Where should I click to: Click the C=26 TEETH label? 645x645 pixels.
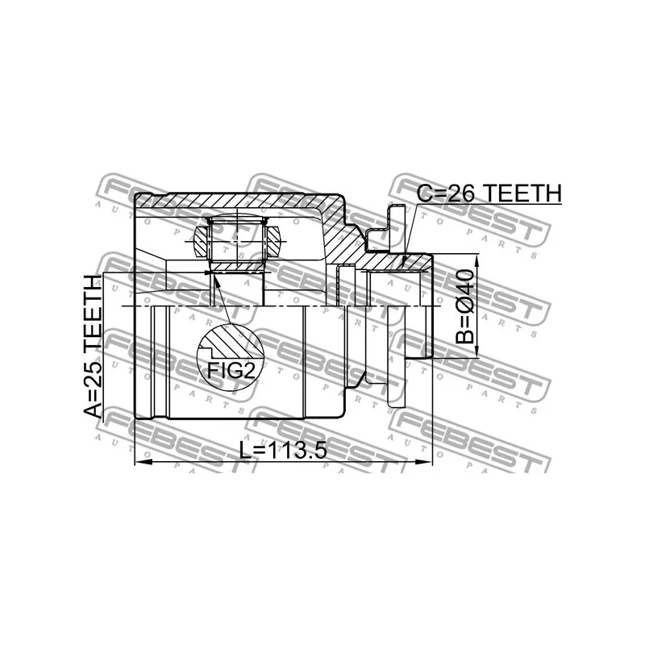(489, 193)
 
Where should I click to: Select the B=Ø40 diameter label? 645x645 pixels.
(465, 306)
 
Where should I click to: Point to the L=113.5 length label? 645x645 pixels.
(284, 451)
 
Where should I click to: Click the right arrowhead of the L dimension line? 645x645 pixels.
(425, 462)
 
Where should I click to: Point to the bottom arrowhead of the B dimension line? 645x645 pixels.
(477, 351)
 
